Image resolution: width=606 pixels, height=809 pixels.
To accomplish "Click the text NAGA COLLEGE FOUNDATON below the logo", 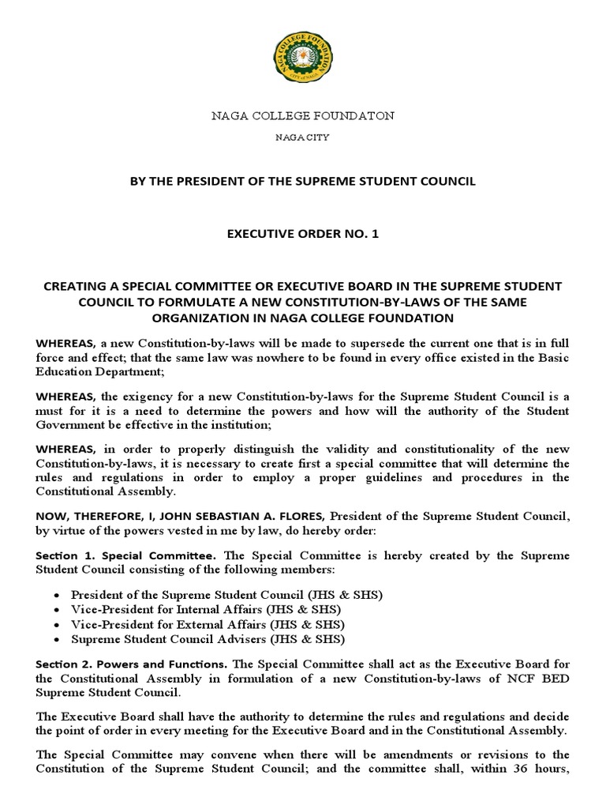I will (x=302, y=116).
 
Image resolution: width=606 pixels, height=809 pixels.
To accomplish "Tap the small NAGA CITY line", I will (x=302, y=137).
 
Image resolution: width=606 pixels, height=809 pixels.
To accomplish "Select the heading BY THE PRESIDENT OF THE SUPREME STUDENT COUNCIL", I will (x=302, y=182).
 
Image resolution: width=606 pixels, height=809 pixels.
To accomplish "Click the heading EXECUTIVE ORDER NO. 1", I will (x=302, y=234).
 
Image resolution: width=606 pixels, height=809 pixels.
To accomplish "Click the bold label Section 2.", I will (x=62, y=664).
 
